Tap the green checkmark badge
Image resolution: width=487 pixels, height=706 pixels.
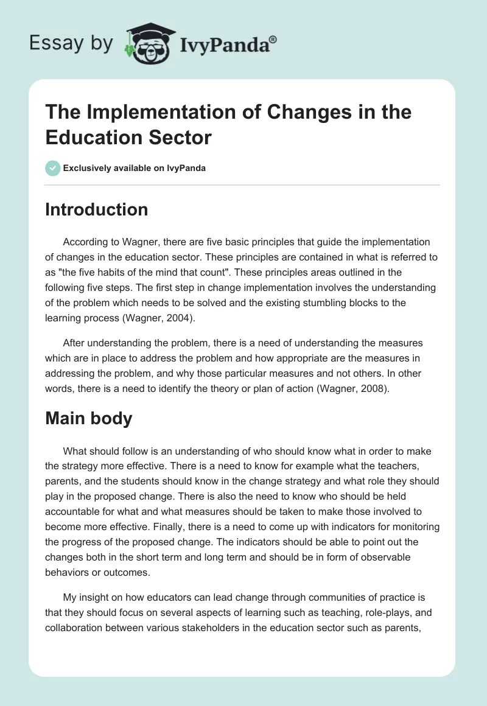[x=53, y=168]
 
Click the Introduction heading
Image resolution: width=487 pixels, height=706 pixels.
[x=97, y=209]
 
